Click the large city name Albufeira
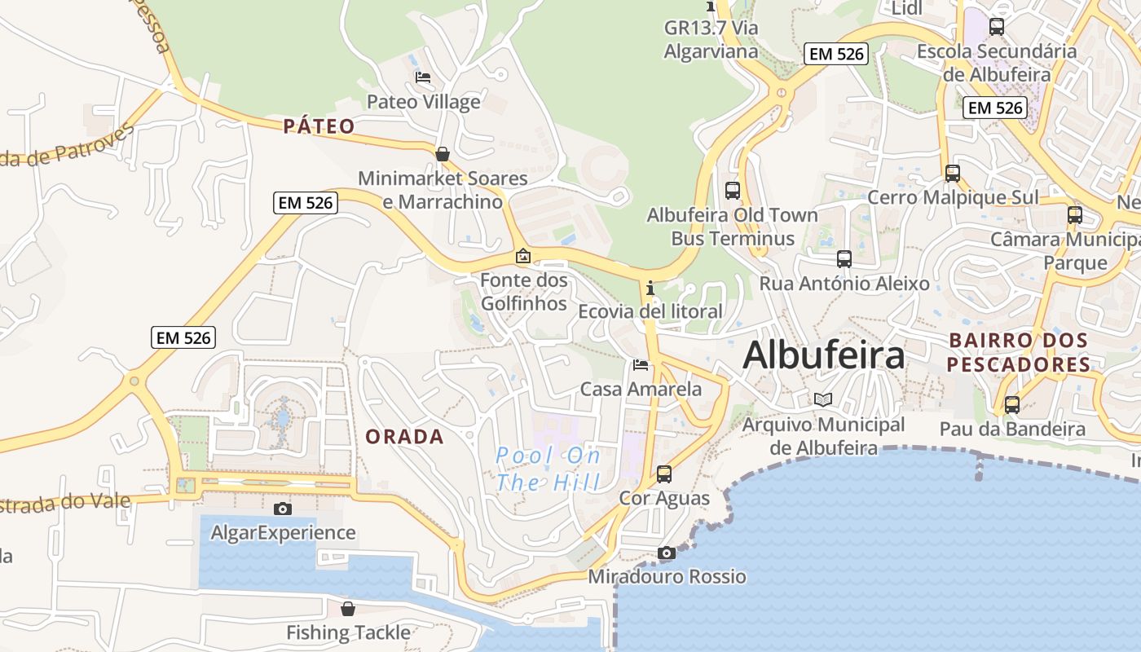click(824, 355)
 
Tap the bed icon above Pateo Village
click(423, 77)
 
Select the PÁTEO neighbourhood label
click(319, 126)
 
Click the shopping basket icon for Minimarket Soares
click(443, 153)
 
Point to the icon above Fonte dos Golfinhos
click(523, 257)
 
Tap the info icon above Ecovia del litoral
click(650, 288)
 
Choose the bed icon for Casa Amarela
click(641, 364)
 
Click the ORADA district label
click(404, 437)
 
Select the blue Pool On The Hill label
click(548, 469)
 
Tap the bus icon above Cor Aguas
click(664, 474)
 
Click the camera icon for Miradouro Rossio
click(667, 553)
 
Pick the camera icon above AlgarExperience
click(283, 509)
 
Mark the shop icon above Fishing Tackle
click(348, 608)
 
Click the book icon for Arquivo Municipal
click(823, 399)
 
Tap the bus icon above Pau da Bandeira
click(1012, 404)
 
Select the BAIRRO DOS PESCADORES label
click(1018, 352)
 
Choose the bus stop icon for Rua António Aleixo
click(844, 259)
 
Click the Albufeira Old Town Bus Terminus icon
click(733, 191)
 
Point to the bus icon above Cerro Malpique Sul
click(953, 173)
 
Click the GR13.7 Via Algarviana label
click(711, 39)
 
